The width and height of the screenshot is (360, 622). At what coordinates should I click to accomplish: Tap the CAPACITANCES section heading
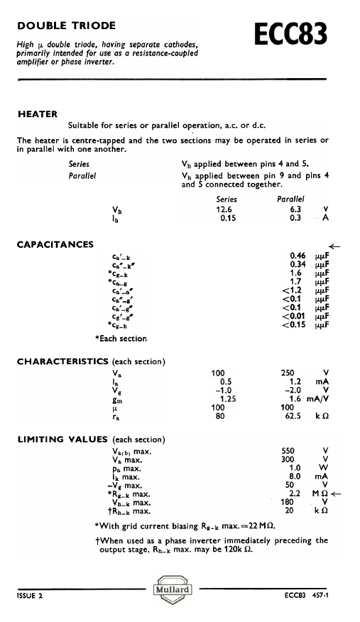55,245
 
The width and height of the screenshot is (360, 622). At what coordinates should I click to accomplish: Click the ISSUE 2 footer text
30,595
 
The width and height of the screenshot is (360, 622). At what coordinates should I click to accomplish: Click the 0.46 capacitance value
298,255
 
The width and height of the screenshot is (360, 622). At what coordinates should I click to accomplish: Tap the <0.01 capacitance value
295,317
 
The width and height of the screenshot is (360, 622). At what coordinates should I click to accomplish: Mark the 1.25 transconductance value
227,400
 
